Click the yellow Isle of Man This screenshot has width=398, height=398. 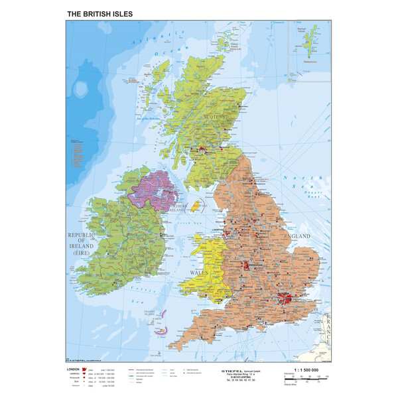pos(196,208)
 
